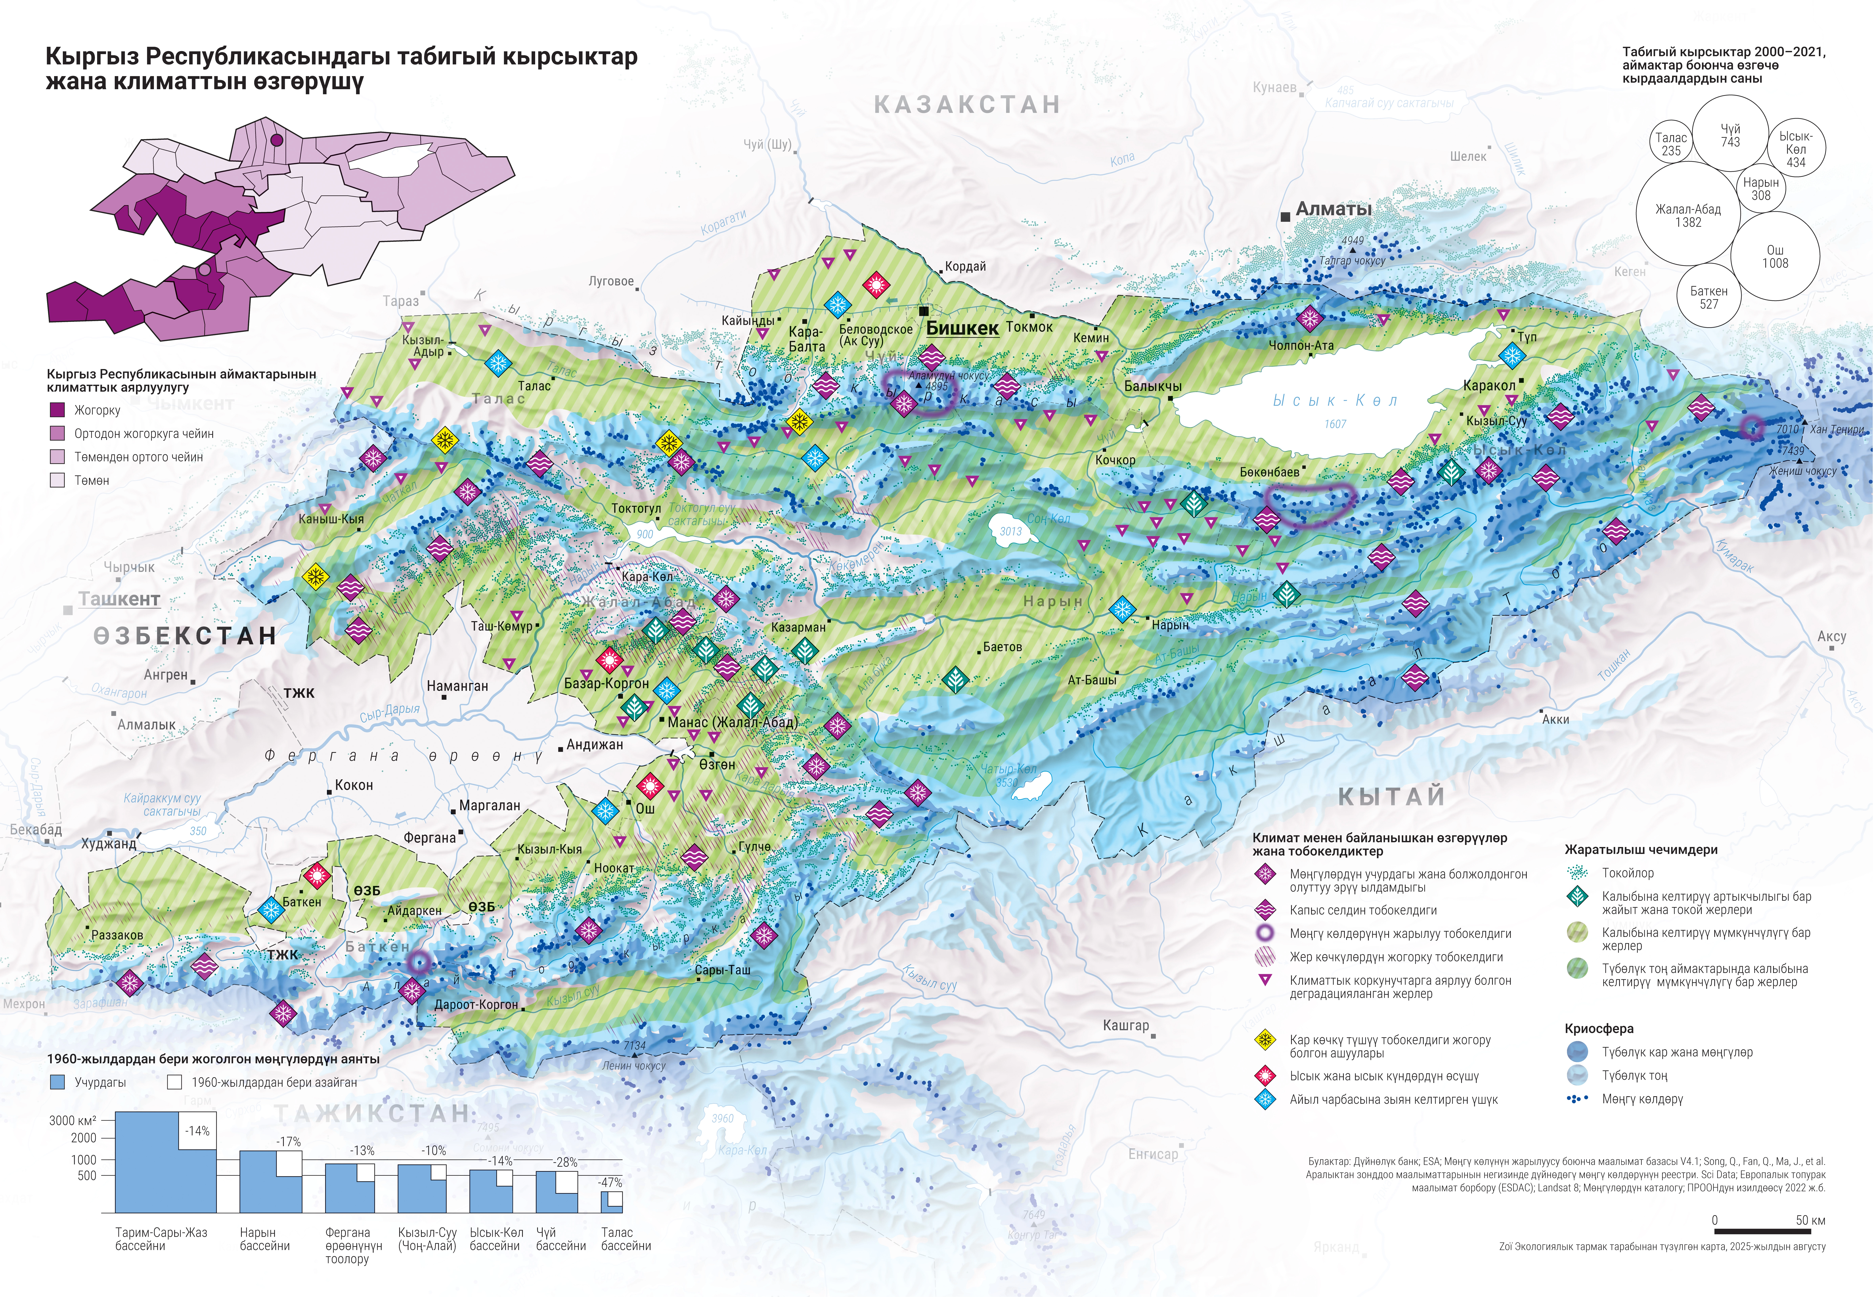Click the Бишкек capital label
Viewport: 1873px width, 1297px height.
[x=962, y=328]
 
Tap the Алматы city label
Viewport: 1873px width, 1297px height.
[x=1333, y=209]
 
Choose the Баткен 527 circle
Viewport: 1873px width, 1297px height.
[x=1709, y=297]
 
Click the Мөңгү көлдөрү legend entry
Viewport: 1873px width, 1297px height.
[x=1642, y=1099]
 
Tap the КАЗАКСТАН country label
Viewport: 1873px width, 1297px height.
[x=967, y=105]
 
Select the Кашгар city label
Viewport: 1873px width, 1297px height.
[x=1125, y=1026]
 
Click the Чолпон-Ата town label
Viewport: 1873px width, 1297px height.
[x=1301, y=345]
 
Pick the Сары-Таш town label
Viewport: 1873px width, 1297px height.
[x=722, y=970]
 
